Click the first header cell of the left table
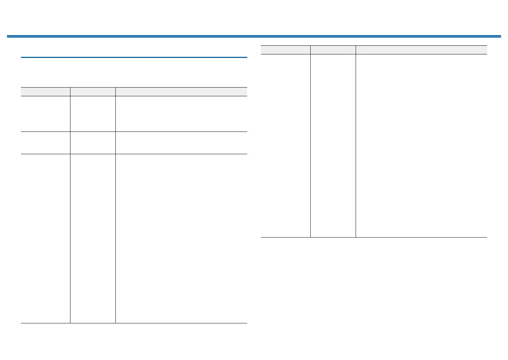pos(45,91)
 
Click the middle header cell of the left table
pos(93,91)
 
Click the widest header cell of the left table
pos(181,91)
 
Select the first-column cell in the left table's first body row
pos(45,114)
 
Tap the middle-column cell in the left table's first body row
pos(93,114)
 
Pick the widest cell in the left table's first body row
pos(181,114)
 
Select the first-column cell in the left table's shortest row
pos(45,143)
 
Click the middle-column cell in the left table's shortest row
pos(93,143)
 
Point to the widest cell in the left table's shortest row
pos(181,143)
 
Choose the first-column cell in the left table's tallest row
pos(45,239)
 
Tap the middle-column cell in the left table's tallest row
pos(93,239)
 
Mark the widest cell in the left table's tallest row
pos(181,239)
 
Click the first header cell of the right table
pos(286,50)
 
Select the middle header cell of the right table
pos(333,50)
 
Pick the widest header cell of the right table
pos(421,50)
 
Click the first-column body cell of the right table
pos(286,146)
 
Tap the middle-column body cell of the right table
pos(333,146)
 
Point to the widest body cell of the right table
pos(421,146)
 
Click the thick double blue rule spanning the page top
pos(254,36)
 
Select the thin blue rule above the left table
pos(134,57)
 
